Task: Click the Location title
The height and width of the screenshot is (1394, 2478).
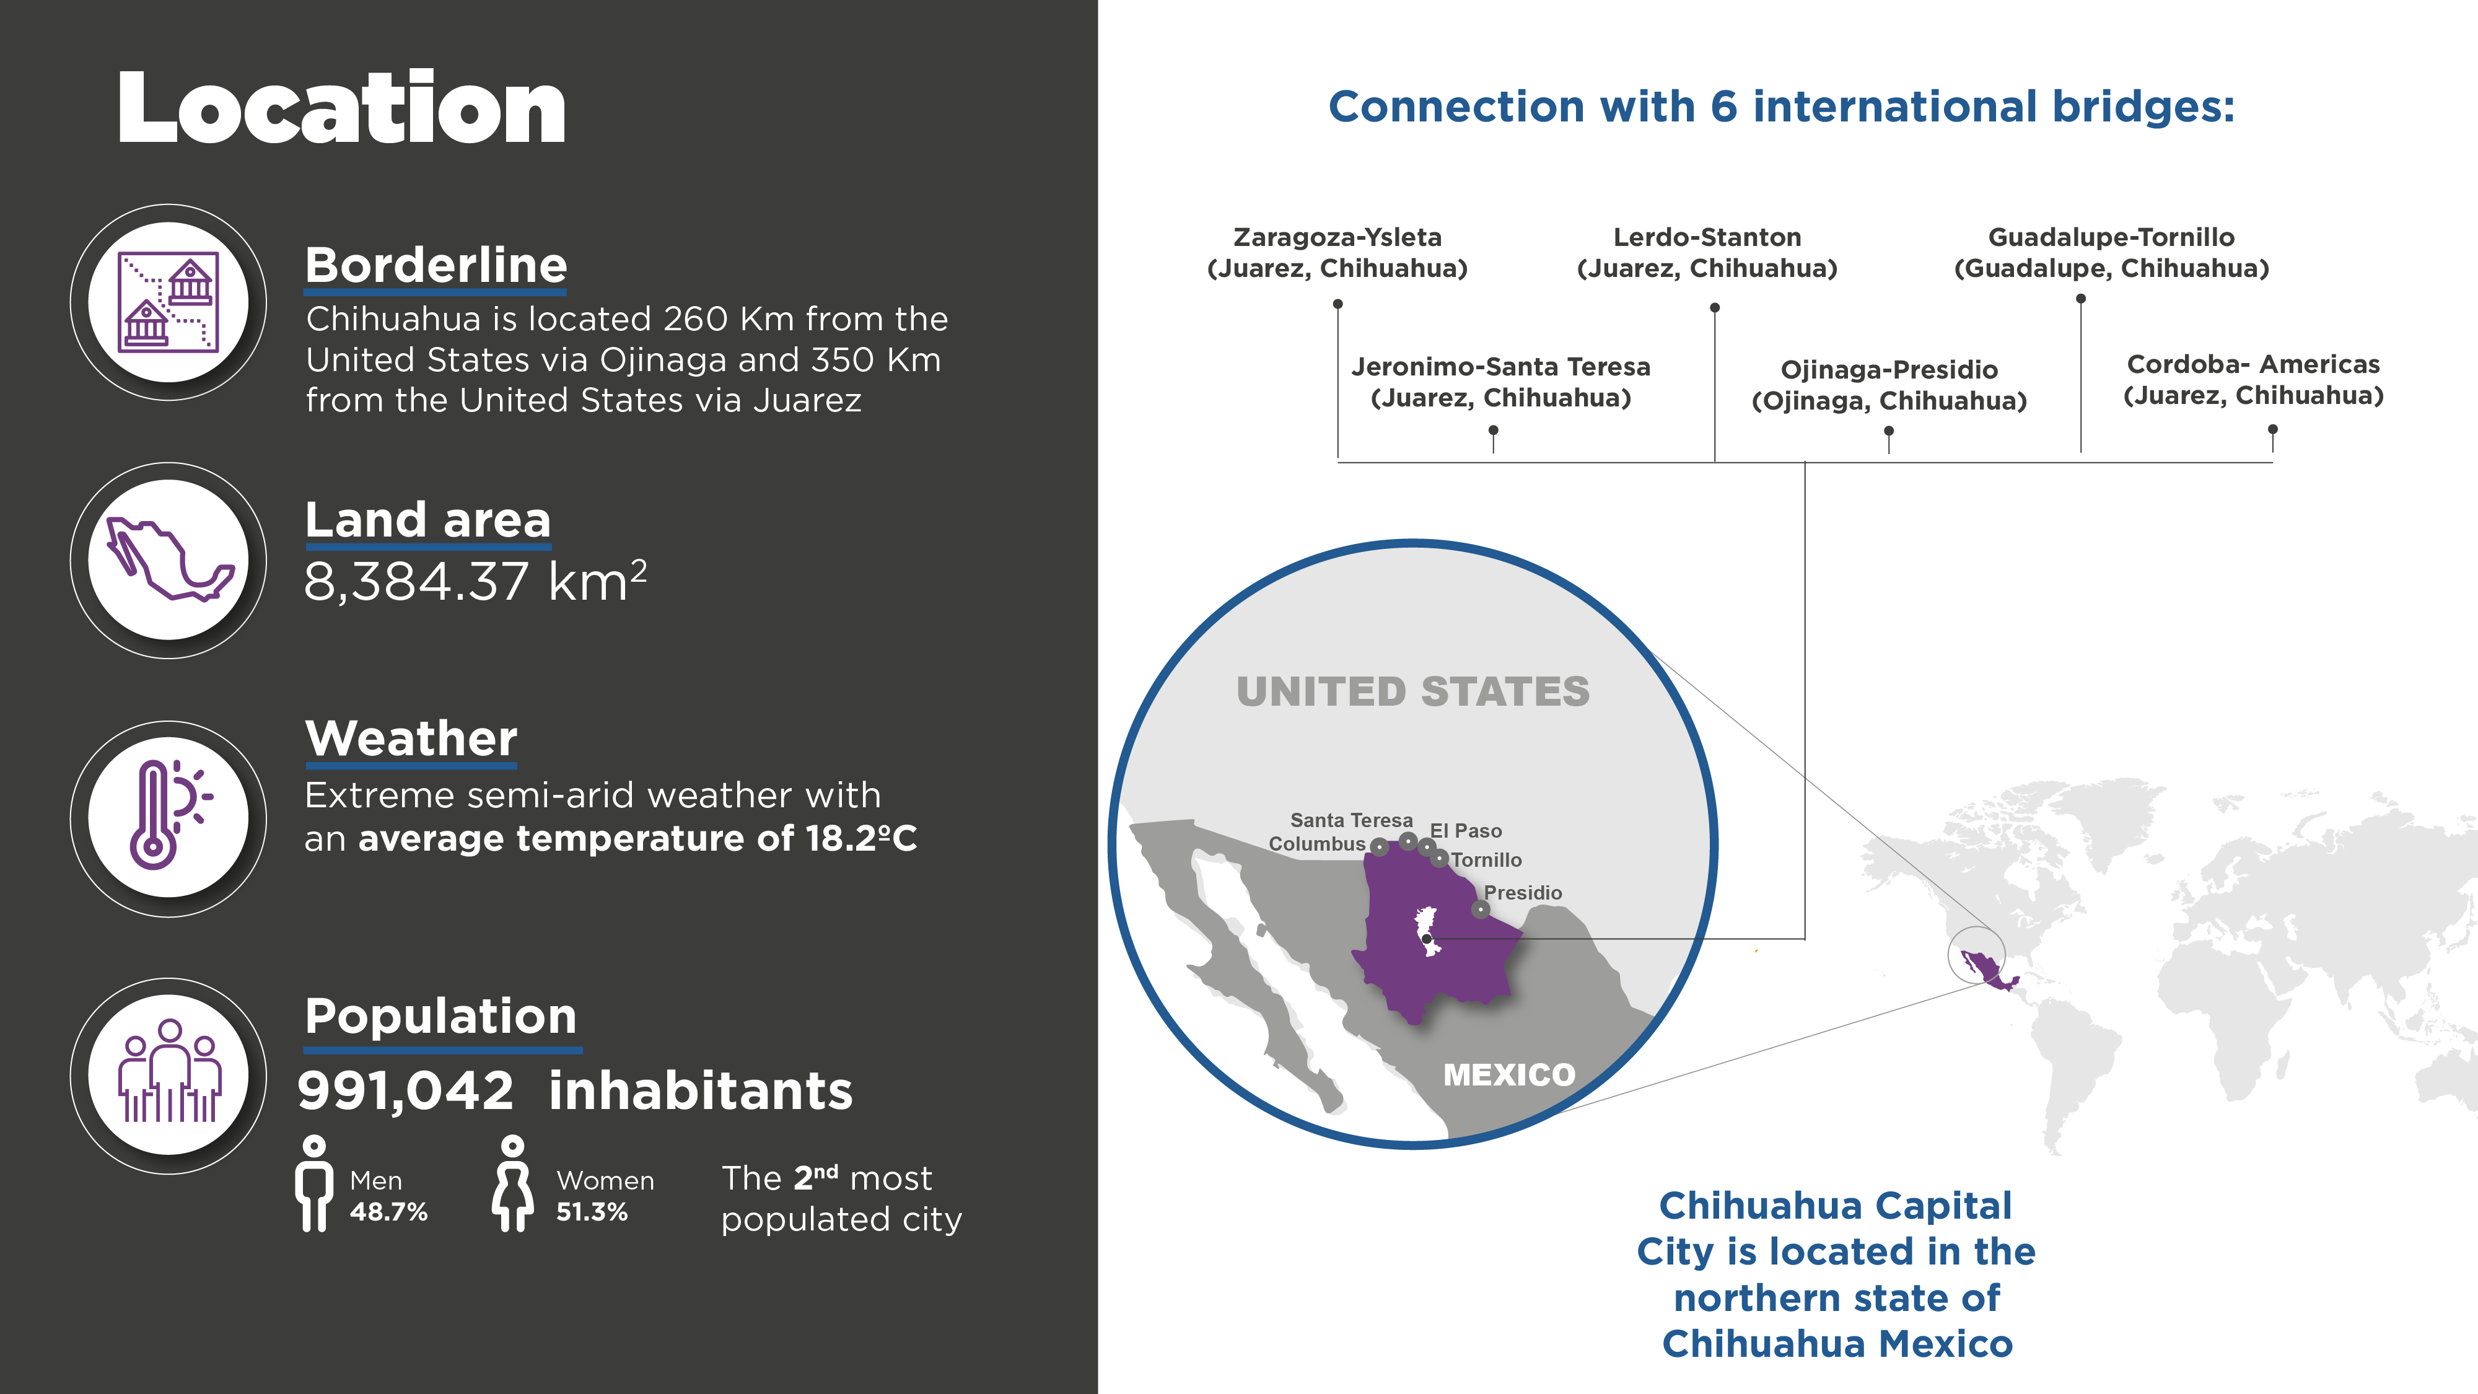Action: click(x=341, y=108)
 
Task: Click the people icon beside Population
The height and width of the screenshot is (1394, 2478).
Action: click(x=169, y=1072)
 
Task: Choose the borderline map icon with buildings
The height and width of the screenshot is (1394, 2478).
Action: click(x=169, y=302)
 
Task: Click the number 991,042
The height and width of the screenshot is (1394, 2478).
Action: click(x=406, y=1091)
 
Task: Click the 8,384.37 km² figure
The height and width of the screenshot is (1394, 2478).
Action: click(x=475, y=581)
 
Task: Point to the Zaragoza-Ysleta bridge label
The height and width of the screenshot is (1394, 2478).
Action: click(x=1337, y=252)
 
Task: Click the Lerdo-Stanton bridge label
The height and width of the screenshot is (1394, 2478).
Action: click(x=1707, y=252)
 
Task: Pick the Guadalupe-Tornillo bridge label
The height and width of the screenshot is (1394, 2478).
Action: click(x=2111, y=252)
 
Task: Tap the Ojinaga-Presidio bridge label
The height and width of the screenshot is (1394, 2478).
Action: click(x=1889, y=385)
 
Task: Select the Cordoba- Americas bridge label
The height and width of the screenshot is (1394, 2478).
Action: click(x=2253, y=379)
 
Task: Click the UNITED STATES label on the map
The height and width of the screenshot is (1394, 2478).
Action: click(x=1413, y=691)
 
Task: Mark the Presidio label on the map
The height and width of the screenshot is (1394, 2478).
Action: click(x=1523, y=893)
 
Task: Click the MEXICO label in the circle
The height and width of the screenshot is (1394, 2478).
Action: click(x=1509, y=1074)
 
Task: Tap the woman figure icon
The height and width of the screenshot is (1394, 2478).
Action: click(x=513, y=1183)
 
